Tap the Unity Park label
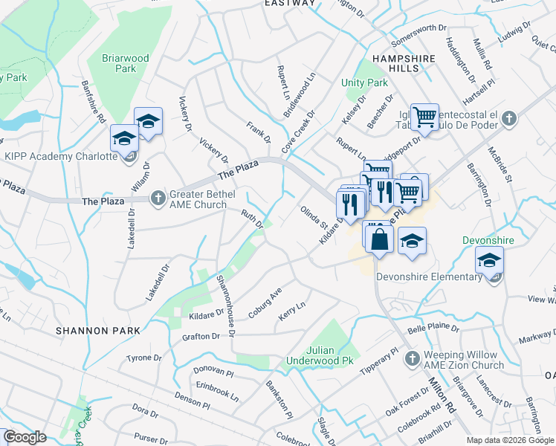pos(355,83)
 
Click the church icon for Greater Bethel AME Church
pos(158,198)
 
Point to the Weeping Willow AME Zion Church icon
pos(413,358)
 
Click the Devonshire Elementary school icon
pos(490,260)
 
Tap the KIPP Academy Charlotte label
pos(61,156)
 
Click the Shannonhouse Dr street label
pos(225,304)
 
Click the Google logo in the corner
pos(25,437)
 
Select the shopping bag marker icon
pos(379,239)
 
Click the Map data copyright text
pos(510,439)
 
